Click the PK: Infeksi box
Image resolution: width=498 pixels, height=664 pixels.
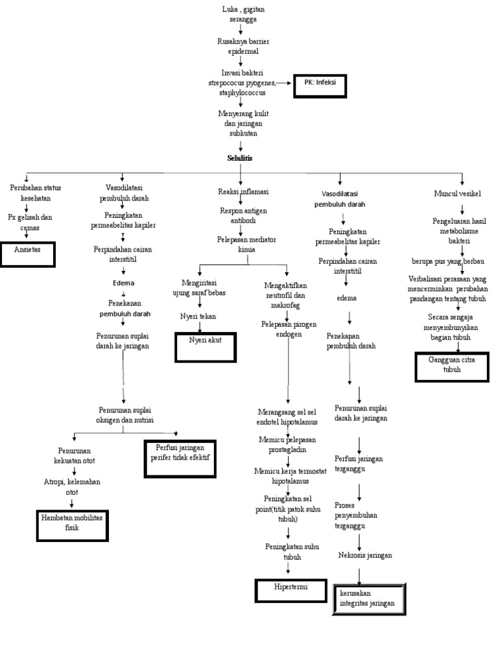(x=320, y=86)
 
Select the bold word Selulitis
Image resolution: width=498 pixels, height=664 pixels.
(x=240, y=158)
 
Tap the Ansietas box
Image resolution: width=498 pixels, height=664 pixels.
(x=28, y=254)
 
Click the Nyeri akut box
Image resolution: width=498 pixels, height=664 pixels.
(x=205, y=346)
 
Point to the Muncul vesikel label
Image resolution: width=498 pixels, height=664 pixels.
(x=461, y=193)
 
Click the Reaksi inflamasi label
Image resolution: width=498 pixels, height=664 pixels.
(x=243, y=192)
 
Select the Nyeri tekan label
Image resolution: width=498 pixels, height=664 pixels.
(x=198, y=316)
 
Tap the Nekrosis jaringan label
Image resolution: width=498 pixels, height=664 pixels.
(x=365, y=555)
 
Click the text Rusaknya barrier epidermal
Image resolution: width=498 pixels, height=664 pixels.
(x=243, y=46)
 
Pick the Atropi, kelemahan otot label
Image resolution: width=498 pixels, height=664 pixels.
(x=71, y=487)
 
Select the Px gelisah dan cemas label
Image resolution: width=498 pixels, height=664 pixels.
(x=30, y=222)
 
